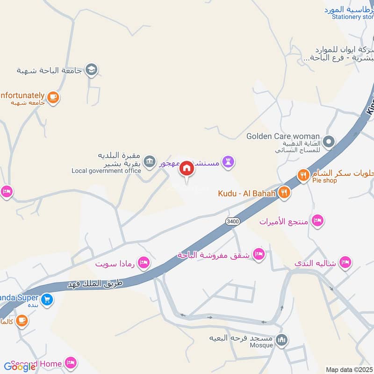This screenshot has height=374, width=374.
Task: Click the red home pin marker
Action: click(187, 169)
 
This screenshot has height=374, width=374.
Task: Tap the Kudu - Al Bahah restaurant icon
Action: click(284, 192)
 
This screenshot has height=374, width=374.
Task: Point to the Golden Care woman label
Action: click(283, 136)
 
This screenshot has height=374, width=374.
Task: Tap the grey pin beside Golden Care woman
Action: click(329, 141)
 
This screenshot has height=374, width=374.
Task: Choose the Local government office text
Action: click(106, 171)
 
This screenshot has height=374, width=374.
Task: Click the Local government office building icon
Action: click(149, 162)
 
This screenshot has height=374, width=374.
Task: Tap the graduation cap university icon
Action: click(92, 70)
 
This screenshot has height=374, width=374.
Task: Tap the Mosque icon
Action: click(281, 339)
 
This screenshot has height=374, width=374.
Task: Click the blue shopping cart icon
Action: click(46, 299)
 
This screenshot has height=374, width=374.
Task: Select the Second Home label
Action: click(36, 363)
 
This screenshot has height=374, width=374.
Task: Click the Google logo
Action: click(20, 367)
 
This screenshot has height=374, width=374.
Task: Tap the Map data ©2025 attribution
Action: click(349, 370)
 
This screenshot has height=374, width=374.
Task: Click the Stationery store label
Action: click(353, 17)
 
